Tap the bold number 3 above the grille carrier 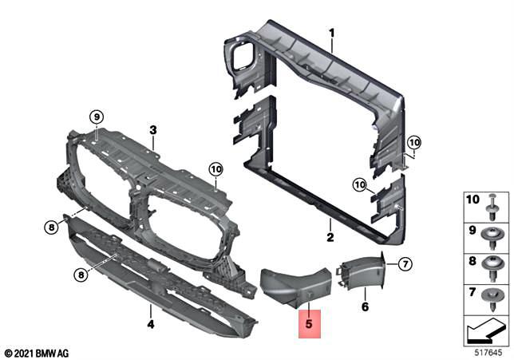[x=152, y=129]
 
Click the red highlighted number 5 [x=307, y=325]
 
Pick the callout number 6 [x=364, y=307]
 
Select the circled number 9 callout [x=96, y=118]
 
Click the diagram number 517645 [x=488, y=352]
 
